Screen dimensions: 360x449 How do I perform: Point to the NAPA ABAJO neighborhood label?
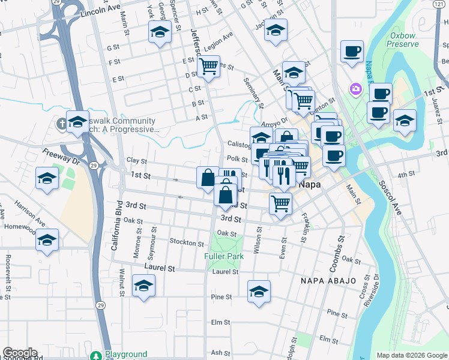coord(328,281)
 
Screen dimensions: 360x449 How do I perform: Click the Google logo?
coord(19,353)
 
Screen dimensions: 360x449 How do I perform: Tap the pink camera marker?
coord(356,89)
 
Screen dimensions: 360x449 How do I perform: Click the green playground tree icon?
coord(96,355)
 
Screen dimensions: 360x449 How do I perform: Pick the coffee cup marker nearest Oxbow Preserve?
coord(352,51)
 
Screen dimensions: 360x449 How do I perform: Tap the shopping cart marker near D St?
coord(209,66)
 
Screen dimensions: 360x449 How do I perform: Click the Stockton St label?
coord(187,242)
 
